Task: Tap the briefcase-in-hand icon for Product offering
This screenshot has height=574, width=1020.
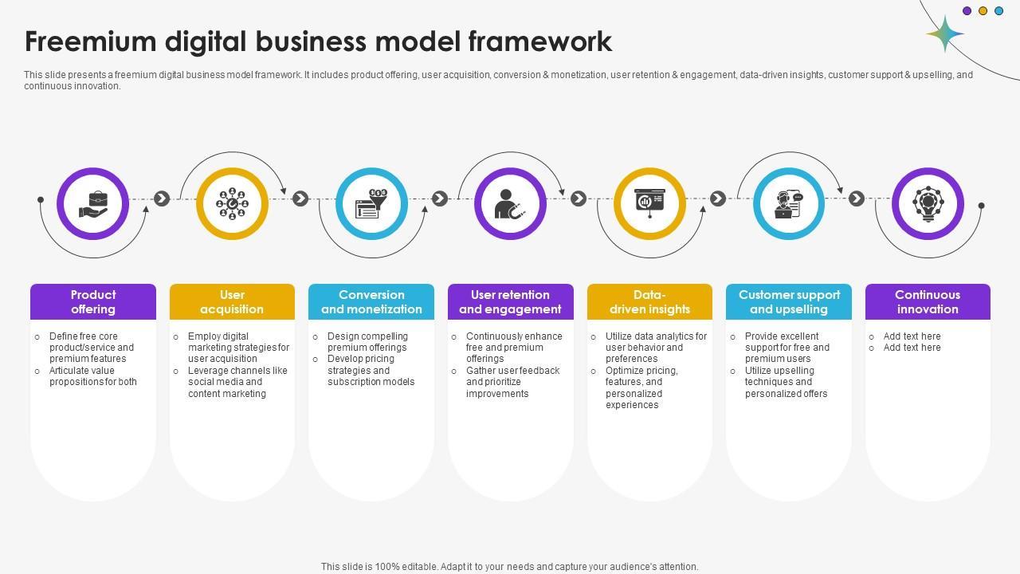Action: [93, 204]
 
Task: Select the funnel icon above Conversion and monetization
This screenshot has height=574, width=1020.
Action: [371, 204]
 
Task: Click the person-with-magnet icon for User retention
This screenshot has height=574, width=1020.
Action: [510, 204]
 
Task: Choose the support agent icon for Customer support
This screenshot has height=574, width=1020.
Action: [788, 204]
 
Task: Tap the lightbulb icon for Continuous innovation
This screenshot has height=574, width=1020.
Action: [928, 204]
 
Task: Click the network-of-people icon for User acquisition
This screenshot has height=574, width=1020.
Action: [232, 204]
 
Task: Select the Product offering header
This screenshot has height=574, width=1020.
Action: [93, 302]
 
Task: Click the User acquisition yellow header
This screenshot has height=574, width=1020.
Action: [232, 302]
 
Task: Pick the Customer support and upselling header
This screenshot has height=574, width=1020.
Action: [789, 302]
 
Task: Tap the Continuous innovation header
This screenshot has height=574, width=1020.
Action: [928, 302]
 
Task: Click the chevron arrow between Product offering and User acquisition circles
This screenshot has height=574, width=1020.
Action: [162, 199]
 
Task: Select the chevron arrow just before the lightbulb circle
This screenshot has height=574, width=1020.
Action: [857, 199]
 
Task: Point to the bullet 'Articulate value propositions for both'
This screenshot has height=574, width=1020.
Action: [92, 376]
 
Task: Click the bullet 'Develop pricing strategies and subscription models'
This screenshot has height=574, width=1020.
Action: [371, 371]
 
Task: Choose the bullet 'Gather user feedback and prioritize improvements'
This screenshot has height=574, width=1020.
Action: [512, 382]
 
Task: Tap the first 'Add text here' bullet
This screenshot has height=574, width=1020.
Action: [912, 336]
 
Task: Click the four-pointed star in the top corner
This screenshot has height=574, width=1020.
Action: [945, 34]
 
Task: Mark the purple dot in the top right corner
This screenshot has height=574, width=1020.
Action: [967, 11]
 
